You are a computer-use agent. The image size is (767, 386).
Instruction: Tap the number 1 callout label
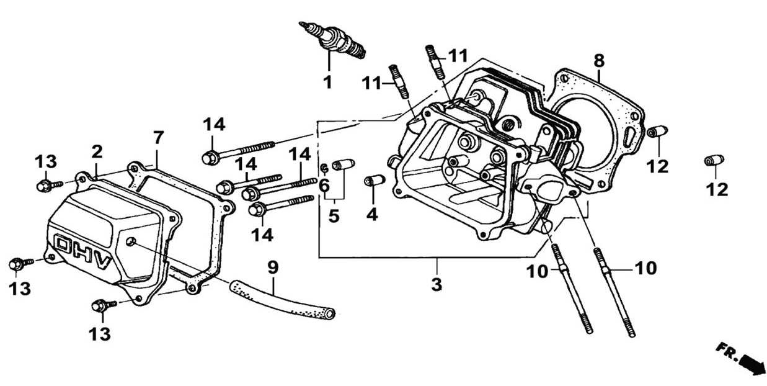tap(327, 81)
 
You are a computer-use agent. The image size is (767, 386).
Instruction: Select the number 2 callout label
tap(97, 151)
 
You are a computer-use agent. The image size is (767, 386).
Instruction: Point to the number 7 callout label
tap(158, 137)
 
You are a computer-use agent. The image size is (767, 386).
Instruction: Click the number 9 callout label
tap(273, 267)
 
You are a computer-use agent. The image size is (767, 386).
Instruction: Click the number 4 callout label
tap(372, 214)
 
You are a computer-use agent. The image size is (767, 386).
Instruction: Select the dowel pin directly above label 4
tap(375, 181)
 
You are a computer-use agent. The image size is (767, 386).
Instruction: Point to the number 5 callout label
tap(334, 217)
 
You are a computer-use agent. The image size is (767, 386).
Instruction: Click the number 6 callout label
tap(324, 184)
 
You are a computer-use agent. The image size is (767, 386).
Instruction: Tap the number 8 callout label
tap(598, 61)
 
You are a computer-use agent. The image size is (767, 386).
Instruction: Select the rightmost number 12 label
tap(717, 189)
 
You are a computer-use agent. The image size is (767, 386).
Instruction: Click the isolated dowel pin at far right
tap(714, 160)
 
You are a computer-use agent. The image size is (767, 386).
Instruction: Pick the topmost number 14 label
tap(214, 124)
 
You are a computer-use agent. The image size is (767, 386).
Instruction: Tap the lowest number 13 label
tap(99, 334)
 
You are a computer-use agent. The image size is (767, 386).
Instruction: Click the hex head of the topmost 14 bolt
tap(209, 158)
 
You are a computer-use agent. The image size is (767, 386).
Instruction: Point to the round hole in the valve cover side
tap(130, 241)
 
